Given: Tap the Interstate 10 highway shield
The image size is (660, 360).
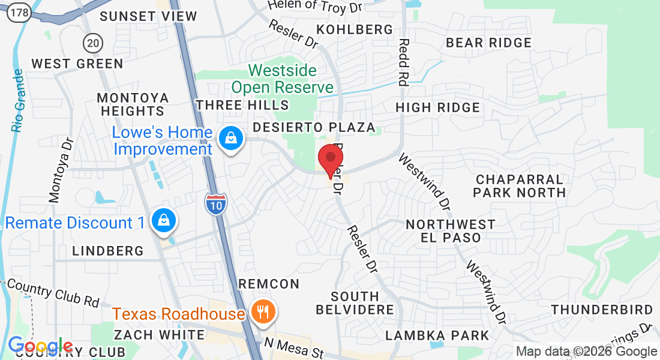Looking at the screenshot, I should click(215, 204).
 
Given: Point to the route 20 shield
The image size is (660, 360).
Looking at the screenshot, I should click(93, 42).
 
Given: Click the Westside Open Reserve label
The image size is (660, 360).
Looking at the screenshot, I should click(282, 79).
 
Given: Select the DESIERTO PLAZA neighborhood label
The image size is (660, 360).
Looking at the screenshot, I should click(314, 127).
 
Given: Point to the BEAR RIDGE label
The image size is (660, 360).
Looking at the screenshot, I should click(489, 43).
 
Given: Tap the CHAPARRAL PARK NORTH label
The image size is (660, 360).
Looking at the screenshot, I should click(520, 186).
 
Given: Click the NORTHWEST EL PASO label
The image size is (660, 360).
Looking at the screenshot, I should click(451, 231).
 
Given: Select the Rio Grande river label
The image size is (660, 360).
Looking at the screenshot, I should click(18, 100).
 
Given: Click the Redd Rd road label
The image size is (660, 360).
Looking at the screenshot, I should click(403, 63).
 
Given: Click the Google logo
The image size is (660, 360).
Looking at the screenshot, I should click(40, 346).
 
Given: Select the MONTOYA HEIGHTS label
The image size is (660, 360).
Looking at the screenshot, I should click(133, 104).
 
